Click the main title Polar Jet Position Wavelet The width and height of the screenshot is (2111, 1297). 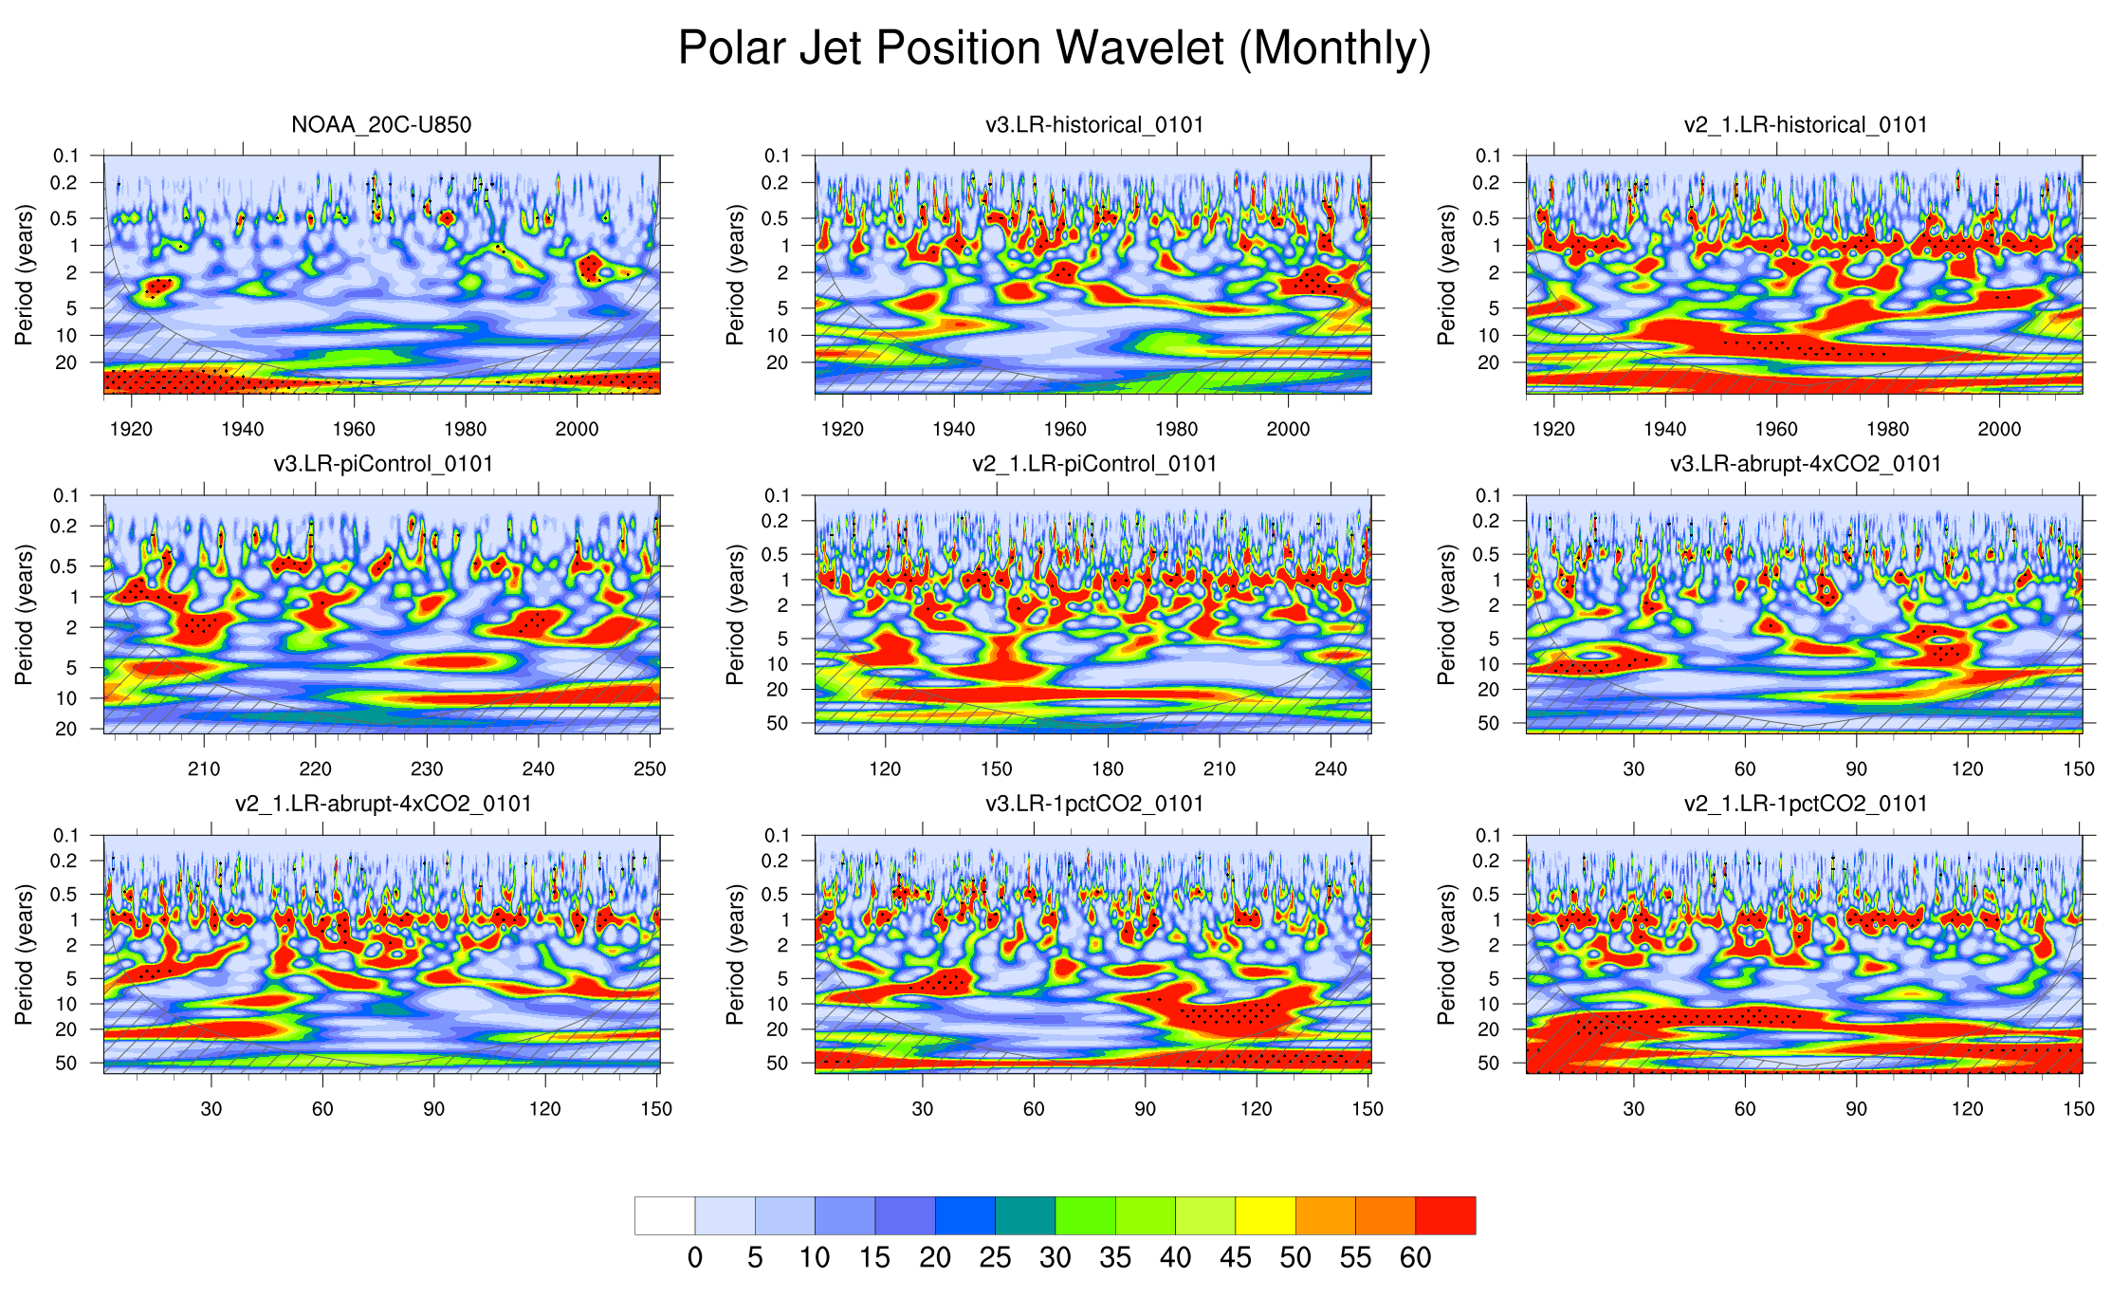point(1054,47)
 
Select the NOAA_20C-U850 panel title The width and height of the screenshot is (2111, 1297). point(381,124)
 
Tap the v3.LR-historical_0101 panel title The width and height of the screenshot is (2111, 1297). point(1093,124)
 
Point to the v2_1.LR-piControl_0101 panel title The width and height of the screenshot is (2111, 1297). point(1093,464)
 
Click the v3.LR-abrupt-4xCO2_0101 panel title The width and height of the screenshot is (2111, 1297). point(1805,464)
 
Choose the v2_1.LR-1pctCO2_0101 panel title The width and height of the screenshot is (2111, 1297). point(1805,804)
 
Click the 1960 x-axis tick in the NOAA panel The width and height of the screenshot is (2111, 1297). point(354,429)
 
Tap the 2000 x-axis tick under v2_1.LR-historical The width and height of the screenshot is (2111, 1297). point(1999,429)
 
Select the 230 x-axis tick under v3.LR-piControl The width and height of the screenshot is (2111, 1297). point(427,769)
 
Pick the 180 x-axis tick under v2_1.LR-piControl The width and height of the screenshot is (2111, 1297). point(1108,769)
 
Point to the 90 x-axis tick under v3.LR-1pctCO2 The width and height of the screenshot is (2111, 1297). point(1145,1108)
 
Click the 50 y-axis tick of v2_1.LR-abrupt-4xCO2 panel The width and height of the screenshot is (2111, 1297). point(66,1064)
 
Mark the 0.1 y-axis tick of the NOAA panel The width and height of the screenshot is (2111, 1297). point(66,156)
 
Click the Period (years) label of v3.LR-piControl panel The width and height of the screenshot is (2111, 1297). point(24,615)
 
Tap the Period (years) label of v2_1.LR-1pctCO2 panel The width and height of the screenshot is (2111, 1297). point(1446,954)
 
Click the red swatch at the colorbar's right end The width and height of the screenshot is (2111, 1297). point(1445,1215)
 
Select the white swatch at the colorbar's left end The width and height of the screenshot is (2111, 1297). point(665,1215)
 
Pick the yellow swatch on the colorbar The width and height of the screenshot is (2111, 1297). point(1265,1215)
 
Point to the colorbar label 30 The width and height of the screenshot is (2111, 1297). point(1055,1258)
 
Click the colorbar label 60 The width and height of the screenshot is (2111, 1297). point(1415,1258)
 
